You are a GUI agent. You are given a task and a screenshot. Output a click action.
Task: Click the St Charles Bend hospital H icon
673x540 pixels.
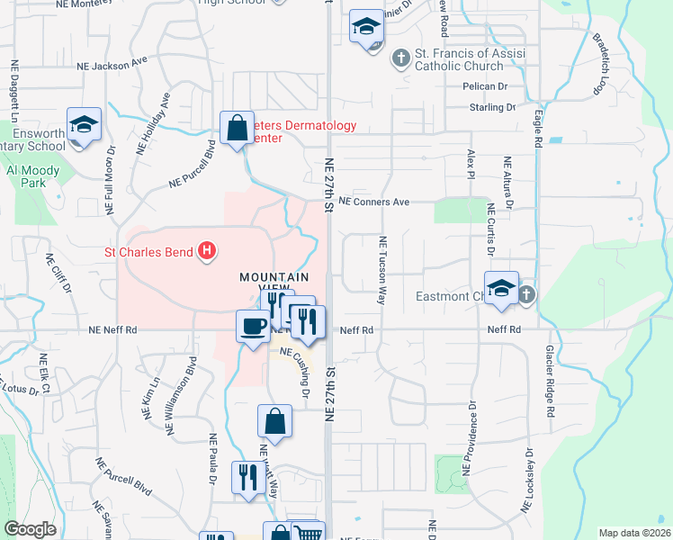click(x=208, y=251)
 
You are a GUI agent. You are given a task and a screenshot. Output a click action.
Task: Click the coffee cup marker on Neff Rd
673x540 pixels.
click(x=252, y=325)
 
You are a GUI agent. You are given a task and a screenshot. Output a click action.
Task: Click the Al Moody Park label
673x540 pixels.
click(x=32, y=175)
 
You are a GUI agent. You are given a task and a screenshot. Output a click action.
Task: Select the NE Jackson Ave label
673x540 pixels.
click(x=112, y=65)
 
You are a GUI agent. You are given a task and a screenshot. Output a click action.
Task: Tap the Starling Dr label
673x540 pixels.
click(x=491, y=107)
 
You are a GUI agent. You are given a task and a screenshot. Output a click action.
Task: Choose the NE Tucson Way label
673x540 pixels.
click(x=382, y=270)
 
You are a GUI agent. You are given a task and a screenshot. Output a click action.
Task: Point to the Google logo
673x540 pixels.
click(x=30, y=529)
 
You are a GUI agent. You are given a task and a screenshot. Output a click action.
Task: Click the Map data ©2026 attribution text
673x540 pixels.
click(x=634, y=533)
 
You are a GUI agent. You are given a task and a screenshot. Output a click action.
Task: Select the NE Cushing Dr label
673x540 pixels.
click(x=295, y=373)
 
